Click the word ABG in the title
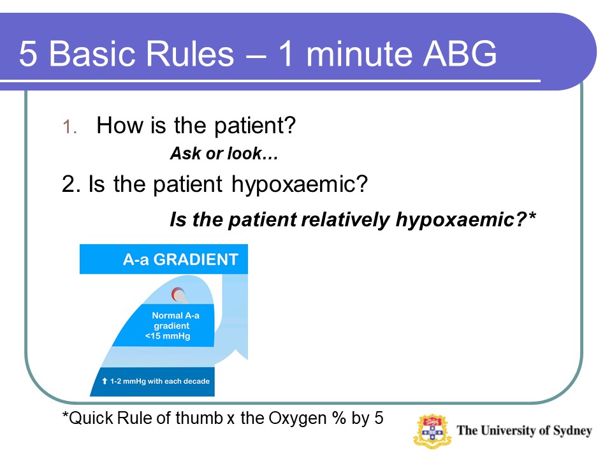point(460,54)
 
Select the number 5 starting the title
point(27,54)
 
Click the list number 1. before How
point(70,127)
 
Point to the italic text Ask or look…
point(224,154)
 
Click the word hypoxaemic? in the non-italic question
point(300,184)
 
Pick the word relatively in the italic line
point(345,219)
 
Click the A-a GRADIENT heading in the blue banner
point(180,259)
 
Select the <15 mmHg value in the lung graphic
point(168,336)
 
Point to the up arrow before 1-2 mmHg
point(104,381)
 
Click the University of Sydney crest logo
point(432,432)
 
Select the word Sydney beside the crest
point(572,431)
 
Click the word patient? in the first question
point(255,126)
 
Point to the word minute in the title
point(358,54)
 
